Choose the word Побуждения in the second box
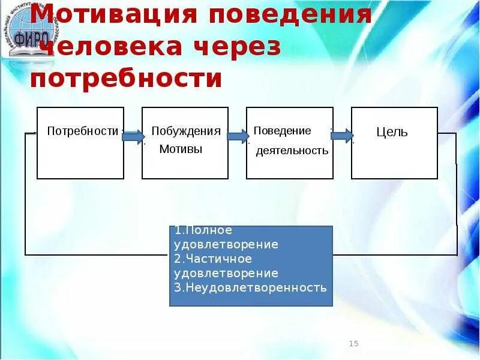[x=186, y=131]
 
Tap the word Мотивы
[x=181, y=149]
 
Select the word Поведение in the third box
[x=282, y=131]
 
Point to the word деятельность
[x=292, y=151]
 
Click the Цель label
[x=392, y=132]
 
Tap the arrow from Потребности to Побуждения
[x=133, y=136]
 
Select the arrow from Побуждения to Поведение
[x=238, y=136]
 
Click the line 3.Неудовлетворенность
[x=250, y=287]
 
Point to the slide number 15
[x=353, y=344]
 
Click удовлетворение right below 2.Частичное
[x=226, y=273]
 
